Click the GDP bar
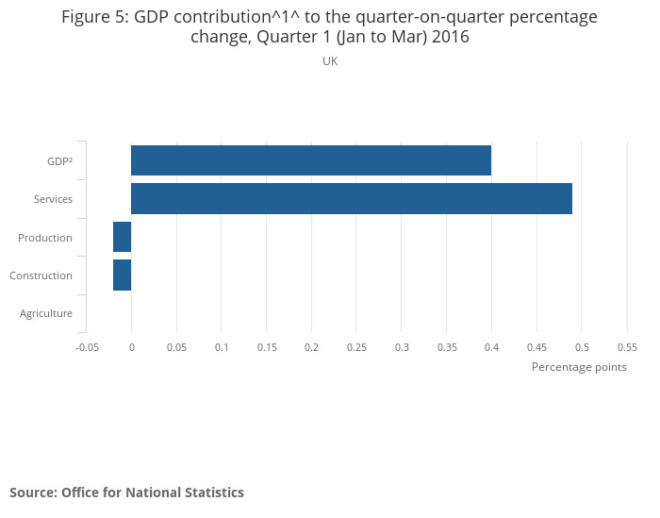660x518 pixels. coord(311,160)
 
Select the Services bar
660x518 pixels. coord(352,199)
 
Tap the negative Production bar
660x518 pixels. coord(122,237)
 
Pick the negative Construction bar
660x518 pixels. coord(122,275)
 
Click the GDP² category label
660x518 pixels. coord(59,161)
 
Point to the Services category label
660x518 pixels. coord(53,199)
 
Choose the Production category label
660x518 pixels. coord(45,238)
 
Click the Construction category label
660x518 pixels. coord(41,276)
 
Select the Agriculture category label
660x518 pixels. coord(46,313)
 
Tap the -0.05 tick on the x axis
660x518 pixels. coord(87,347)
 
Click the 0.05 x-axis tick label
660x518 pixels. coord(176,347)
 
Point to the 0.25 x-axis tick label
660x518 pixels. coord(356,347)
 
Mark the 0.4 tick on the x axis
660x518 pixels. coord(491,347)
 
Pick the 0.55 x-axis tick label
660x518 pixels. coord(626,347)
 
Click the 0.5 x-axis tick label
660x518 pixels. coord(581,347)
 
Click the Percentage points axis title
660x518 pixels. coord(579,367)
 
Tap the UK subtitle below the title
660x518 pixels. coord(330,61)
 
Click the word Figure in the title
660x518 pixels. coord(87,17)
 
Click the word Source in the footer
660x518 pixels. coord(31,493)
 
